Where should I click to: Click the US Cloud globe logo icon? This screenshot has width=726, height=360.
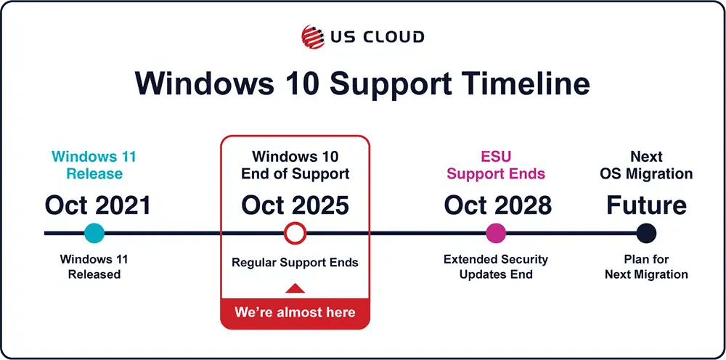(312, 36)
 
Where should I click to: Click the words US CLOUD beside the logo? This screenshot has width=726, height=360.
(378, 36)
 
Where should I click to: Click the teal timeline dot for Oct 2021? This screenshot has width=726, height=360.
(94, 233)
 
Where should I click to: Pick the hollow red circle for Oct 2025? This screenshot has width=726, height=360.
(295, 223)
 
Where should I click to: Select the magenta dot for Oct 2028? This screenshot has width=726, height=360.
(496, 233)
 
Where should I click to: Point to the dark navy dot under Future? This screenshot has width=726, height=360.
(646, 233)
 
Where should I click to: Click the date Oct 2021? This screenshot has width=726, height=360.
(98, 205)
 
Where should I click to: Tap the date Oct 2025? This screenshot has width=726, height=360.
(295, 205)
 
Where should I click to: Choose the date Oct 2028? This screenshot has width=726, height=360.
(498, 205)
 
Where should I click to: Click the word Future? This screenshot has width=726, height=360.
(646, 205)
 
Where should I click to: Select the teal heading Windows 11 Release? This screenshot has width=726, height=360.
(94, 165)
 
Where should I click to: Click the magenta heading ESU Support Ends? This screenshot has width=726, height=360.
(496, 165)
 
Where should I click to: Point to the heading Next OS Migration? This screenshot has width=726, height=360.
(646, 165)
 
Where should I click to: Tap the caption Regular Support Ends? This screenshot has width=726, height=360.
(295, 262)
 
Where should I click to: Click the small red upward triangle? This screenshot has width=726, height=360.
(295, 288)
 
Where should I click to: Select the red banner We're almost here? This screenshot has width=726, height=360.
(295, 313)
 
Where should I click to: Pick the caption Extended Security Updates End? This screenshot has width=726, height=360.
(496, 266)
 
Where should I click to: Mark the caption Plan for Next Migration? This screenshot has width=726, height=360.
(646, 266)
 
